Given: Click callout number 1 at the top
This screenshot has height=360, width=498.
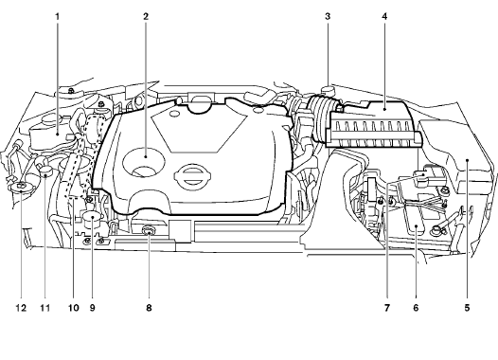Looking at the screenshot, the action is [58, 16].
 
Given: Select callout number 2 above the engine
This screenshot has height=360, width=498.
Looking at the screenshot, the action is [146, 16].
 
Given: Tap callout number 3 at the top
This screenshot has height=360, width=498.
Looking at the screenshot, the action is [328, 16].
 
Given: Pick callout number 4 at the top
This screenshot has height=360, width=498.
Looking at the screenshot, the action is [384, 16].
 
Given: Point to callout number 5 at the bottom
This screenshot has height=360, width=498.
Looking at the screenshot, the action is [467, 308].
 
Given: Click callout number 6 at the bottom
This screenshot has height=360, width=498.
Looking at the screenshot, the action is [416, 308].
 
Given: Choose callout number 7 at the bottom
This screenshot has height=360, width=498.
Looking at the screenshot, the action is [387, 308].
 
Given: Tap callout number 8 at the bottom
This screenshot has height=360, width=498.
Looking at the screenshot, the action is [149, 308].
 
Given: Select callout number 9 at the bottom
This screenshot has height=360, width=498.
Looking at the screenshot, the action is [93, 308].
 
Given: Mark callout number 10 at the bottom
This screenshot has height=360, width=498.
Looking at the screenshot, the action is [73, 308].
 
